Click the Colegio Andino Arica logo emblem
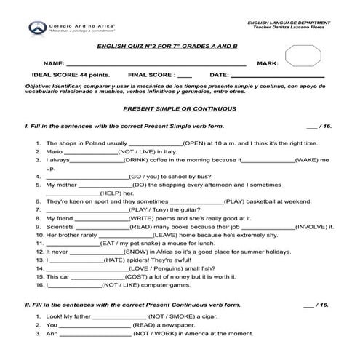(34, 29)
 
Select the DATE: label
(220, 75)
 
